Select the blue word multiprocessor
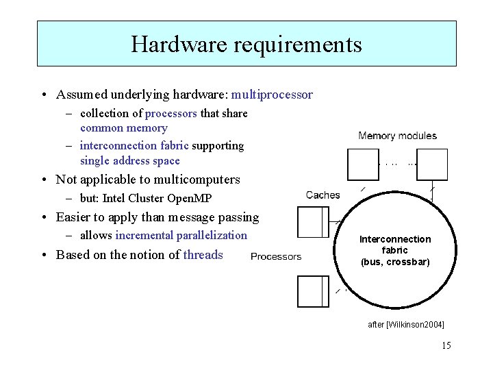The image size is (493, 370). click(272, 95)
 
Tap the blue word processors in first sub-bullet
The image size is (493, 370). click(170, 113)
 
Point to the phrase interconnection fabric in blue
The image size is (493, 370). click(134, 145)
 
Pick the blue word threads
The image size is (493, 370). click(203, 255)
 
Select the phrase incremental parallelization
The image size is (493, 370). click(181, 236)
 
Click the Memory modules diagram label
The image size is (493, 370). click(397, 136)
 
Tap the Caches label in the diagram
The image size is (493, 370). click(323, 195)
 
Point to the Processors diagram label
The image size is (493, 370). click(276, 257)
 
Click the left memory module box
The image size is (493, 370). click(363, 164)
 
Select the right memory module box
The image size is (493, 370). click(432, 164)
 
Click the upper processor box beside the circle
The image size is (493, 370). click(313, 222)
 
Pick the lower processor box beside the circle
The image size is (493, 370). click(313, 291)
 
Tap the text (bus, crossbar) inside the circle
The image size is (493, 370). click(395, 262)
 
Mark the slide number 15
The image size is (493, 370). click(446, 345)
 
